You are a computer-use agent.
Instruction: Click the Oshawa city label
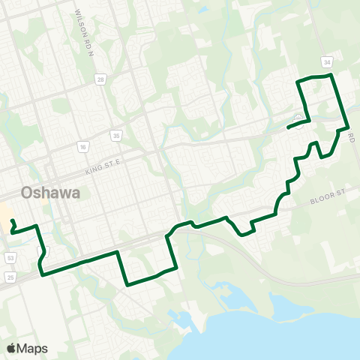[51, 193]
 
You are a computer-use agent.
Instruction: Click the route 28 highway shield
[100, 78]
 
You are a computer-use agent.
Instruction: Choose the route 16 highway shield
[82, 147]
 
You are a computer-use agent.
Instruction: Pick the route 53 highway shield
[10, 258]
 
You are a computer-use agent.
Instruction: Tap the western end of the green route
[13, 220]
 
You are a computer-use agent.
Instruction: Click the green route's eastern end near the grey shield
[289, 127]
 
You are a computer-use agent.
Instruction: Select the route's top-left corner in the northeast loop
[298, 80]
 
